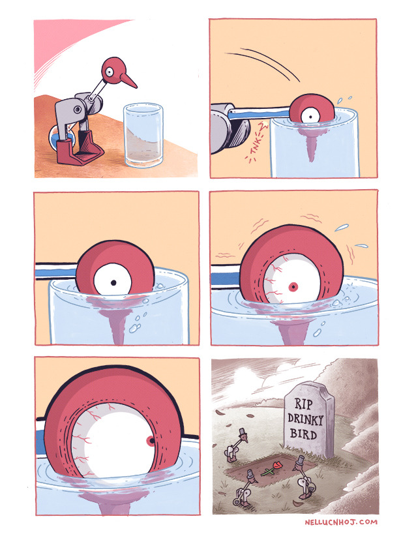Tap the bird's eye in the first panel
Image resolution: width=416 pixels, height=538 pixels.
109,72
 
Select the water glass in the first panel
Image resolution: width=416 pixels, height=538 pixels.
143,134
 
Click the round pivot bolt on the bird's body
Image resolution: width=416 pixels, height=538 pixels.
78,110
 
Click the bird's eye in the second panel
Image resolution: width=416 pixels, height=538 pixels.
310,115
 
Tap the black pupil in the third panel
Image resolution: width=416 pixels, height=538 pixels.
113,283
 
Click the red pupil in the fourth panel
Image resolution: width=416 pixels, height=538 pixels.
293,287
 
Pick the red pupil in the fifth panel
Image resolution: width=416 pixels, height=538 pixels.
150,441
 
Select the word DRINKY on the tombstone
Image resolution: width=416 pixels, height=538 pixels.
305,419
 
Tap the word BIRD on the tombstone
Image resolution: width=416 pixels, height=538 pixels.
303,434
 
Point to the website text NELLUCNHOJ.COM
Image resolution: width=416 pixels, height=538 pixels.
341,522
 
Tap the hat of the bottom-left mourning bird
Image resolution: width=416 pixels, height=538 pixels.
250,474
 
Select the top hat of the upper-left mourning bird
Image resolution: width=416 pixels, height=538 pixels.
243,431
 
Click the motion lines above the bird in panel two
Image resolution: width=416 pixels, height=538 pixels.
264,63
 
